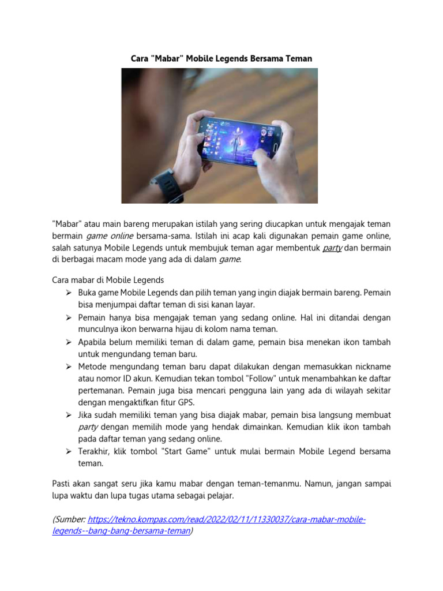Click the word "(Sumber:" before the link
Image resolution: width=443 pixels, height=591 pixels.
point(69,520)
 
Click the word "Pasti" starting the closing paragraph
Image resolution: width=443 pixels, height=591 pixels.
point(62,482)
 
